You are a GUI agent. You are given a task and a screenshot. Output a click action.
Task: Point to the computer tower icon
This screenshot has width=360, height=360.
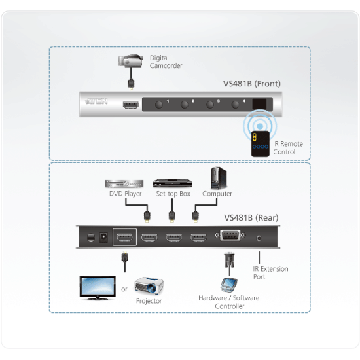tap(217, 178)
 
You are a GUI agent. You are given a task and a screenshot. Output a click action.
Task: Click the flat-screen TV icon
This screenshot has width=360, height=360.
tap(98, 287)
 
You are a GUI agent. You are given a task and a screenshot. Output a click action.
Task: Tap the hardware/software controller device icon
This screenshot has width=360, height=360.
tap(229, 284)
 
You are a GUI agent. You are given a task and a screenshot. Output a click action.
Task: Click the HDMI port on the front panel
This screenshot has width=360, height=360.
tap(131, 105)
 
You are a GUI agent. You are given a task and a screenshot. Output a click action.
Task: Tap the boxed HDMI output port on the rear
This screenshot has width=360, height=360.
tap(124, 238)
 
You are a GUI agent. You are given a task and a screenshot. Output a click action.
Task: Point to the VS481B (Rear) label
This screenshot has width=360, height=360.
tap(251, 218)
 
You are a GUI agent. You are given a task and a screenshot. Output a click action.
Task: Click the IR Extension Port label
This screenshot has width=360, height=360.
tap(270, 273)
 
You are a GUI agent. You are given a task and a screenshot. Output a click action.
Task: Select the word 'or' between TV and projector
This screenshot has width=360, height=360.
tap(124, 289)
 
